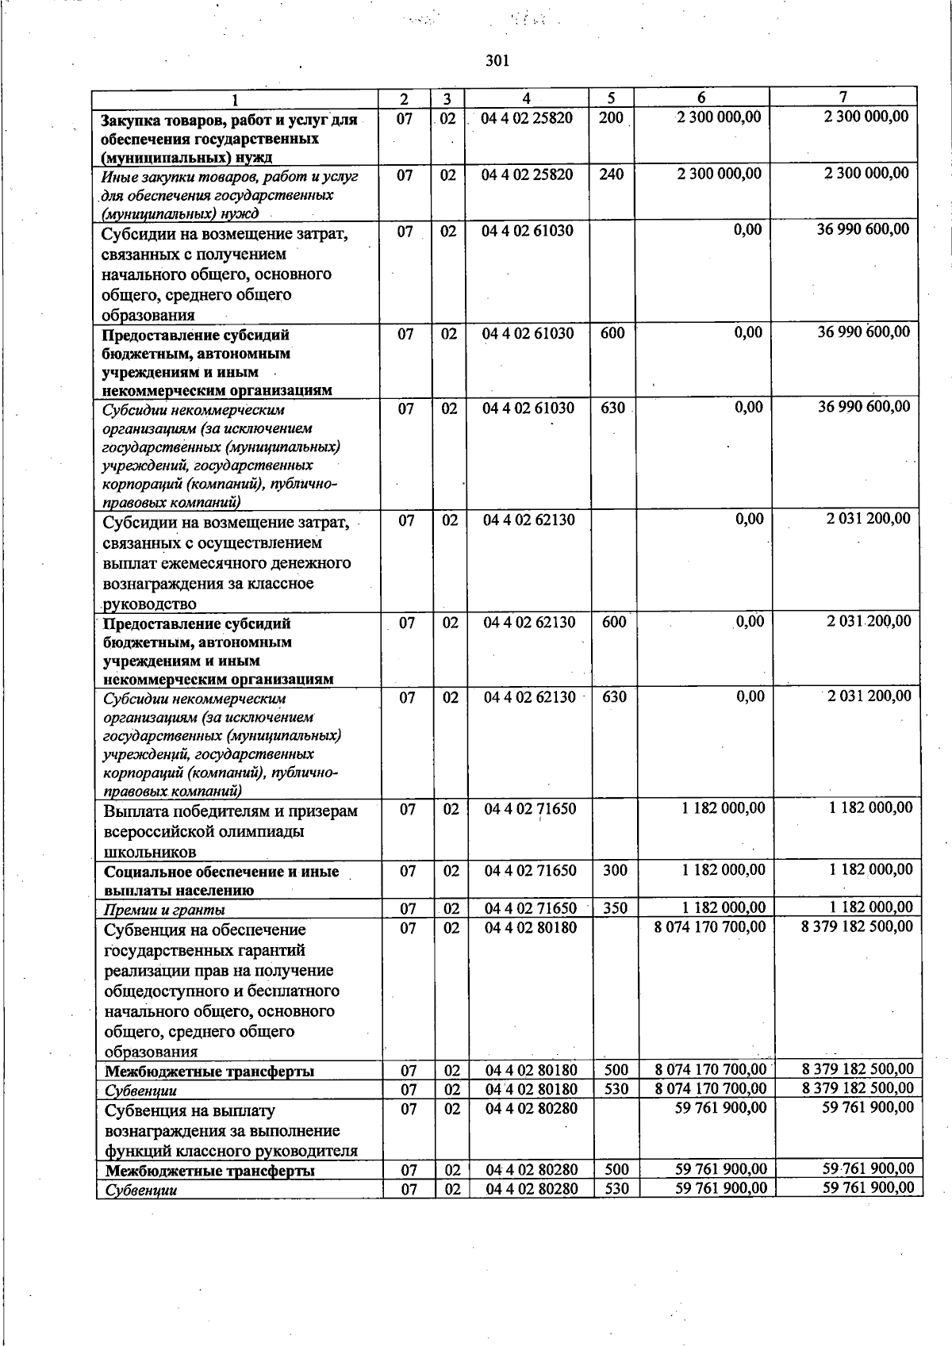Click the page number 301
[x=497, y=61]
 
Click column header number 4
[x=526, y=98]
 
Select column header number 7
[x=843, y=97]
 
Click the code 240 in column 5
[x=611, y=174]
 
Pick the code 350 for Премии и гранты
[x=616, y=908]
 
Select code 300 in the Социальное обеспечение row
[x=615, y=870]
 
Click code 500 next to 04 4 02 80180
[x=616, y=1071]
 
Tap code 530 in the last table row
[x=616, y=1188]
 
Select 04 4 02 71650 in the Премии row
[x=531, y=908]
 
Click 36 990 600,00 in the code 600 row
[x=864, y=332]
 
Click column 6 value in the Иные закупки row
[x=719, y=174]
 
